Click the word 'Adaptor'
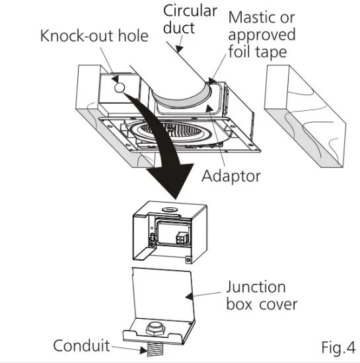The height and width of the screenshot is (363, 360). (x=231, y=176)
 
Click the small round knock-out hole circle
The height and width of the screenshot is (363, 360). (x=119, y=87)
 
